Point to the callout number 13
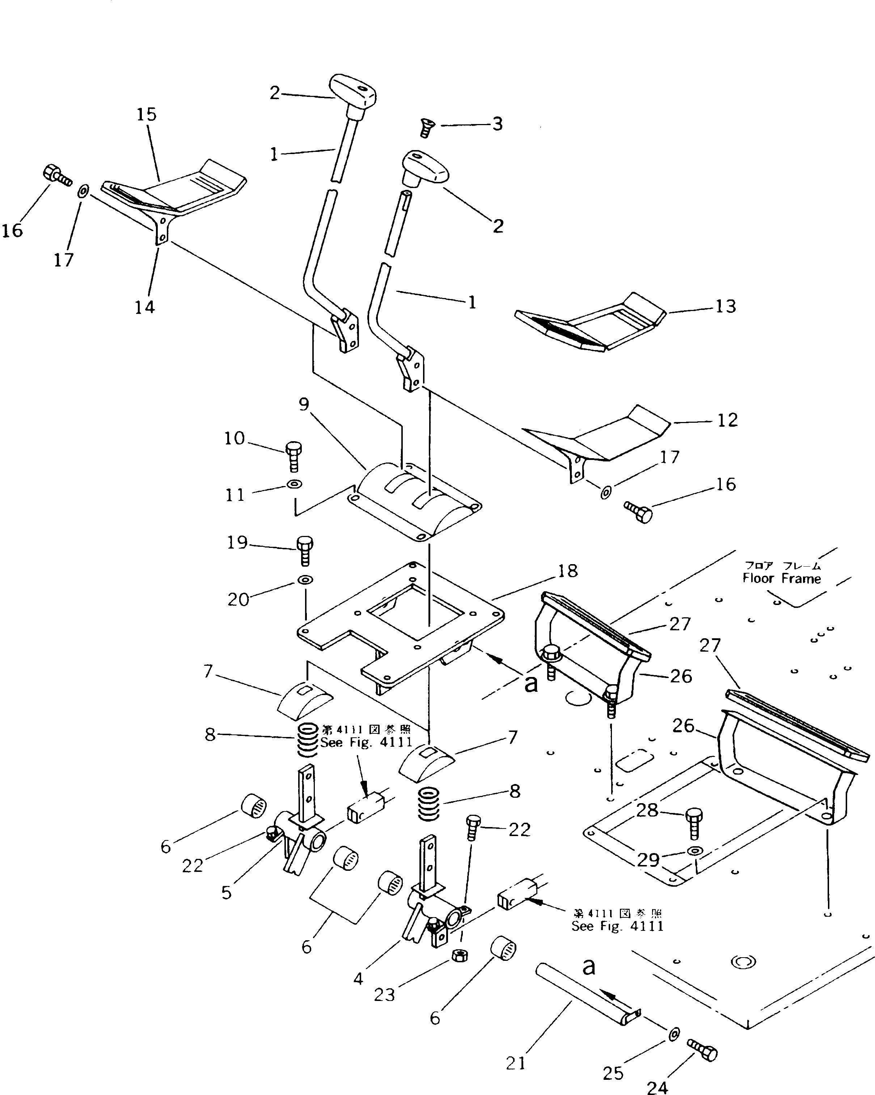[x=725, y=306]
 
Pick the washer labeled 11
[x=294, y=484]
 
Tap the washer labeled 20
[x=305, y=579]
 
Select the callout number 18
[x=567, y=571]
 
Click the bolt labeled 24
[x=703, y=1050]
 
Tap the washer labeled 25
[x=674, y=1034]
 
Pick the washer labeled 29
[x=695, y=850]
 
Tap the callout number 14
[x=145, y=307]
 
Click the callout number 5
[x=227, y=892]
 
